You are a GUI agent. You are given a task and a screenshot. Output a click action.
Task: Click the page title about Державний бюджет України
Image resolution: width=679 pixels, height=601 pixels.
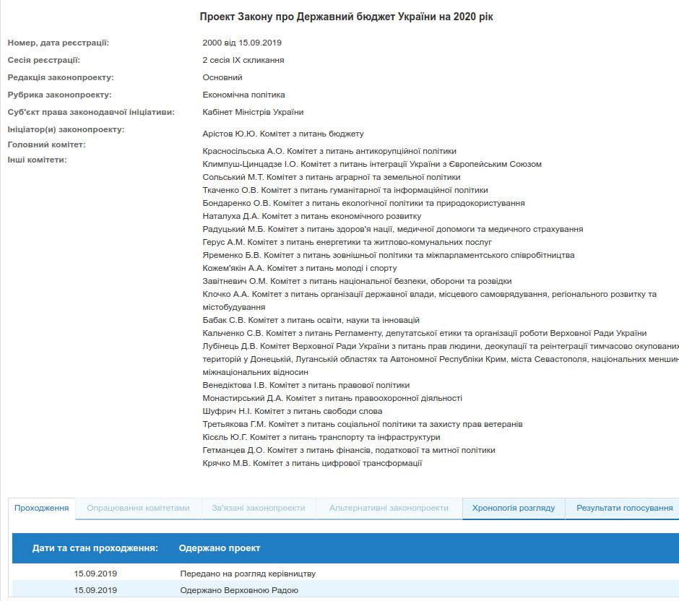[346, 17]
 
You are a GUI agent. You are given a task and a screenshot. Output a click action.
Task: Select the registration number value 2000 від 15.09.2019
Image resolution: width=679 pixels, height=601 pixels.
[242, 43]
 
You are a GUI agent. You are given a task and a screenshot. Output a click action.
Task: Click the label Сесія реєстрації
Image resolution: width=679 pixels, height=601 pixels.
[43, 60]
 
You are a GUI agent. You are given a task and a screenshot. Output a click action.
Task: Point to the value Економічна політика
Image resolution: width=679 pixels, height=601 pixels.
[243, 95]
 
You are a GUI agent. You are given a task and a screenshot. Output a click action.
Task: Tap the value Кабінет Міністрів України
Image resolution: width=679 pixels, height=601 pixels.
[253, 112]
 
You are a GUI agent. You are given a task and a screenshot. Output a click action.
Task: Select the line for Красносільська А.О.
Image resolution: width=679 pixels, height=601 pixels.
[329, 151]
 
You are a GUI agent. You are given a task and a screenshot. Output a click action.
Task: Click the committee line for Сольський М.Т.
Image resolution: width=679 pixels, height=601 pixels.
[332, 177]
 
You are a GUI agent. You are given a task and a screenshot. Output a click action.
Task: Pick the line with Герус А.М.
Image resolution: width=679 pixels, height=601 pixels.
[347, 242]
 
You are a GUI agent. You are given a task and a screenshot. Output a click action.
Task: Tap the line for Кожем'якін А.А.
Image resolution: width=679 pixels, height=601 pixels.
[300, 268]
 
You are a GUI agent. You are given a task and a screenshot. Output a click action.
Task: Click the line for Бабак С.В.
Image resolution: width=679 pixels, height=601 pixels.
[311, 320]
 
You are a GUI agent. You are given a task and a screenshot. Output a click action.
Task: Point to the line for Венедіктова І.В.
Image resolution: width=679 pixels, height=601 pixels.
[306, 385]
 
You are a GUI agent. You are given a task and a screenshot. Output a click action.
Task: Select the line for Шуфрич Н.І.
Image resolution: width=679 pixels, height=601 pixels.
[293, 411]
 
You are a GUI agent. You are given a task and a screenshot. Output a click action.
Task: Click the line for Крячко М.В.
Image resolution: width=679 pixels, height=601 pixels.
[312, 463]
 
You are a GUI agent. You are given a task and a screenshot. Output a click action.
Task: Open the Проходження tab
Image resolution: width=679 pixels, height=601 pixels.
[42, 508]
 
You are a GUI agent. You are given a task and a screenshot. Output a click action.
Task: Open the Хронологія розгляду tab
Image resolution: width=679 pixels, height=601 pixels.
[514, 508]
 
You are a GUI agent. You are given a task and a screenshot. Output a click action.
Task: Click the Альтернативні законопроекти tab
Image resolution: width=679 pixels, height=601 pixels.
[389, 508]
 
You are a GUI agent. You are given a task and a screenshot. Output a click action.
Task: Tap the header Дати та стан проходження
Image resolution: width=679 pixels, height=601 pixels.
[95, 548]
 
